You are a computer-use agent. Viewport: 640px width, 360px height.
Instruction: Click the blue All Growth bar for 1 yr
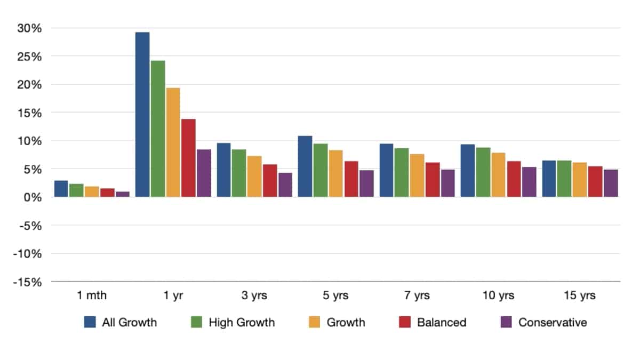(142, 115)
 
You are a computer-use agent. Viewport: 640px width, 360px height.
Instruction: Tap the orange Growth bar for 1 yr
(173, 142)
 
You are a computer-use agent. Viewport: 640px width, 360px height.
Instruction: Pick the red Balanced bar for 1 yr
(188, 158)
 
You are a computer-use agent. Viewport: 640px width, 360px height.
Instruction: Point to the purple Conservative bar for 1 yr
(204, 173)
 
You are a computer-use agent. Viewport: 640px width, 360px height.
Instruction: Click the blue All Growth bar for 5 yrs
(305, 166)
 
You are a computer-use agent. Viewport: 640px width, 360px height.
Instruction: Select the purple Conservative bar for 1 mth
(123, 194)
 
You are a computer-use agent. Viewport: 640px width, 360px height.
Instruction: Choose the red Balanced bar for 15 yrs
(595, 182)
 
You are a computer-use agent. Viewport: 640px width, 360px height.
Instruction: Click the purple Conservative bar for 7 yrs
(447, 183)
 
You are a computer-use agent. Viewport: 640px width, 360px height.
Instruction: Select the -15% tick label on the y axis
(28, 282)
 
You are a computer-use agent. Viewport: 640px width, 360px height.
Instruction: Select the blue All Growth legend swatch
(90, 322)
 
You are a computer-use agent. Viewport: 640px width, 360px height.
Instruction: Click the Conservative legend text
(553, 322)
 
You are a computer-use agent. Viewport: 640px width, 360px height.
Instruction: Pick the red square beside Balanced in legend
(405, 322)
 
